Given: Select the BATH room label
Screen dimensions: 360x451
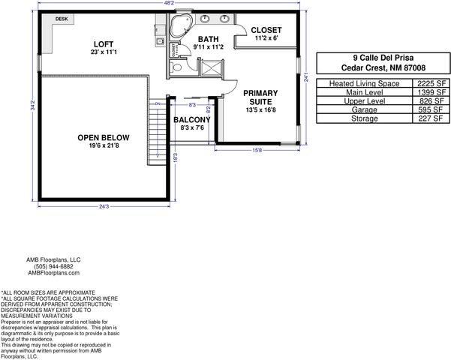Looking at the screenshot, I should coord(207,38).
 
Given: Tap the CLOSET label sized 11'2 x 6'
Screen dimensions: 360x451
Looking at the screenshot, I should coord(266,31).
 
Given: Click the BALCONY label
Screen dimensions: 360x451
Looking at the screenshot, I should coord(191,120).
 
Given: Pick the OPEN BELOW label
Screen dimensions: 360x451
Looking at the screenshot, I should coord(104,138).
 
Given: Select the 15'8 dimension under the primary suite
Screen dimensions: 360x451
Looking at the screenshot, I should coord(257,150).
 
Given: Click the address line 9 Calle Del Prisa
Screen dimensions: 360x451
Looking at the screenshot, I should coord(383,56).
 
